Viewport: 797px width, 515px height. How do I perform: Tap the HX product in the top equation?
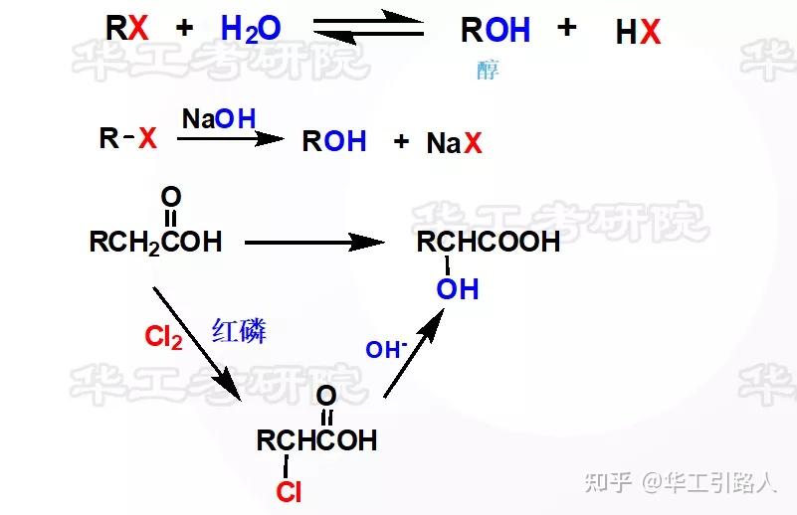[x=638, y=33]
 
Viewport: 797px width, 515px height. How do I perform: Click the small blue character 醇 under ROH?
[x=488, y=71]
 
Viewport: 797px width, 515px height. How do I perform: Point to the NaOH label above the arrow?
[x=218, y=119]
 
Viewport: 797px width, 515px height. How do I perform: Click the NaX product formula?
[x=454, y=143]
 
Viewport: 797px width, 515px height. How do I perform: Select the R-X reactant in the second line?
[x=128, y=138]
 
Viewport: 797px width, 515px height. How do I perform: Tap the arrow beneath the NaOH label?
[x=230, y=139]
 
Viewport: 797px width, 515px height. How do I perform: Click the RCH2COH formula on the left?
[x=155, y=242]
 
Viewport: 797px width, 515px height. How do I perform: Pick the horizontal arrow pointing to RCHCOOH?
[x=314, y=242]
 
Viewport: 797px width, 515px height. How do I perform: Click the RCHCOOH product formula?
[x=488, y=242]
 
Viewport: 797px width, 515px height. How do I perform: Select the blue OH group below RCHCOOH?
[x=458, y=289]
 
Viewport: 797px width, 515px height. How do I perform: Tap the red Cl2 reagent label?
[x=163, y=338]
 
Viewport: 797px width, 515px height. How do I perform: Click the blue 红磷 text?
[x=239, y=331]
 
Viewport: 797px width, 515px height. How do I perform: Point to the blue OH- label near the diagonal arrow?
[x=386, y=350]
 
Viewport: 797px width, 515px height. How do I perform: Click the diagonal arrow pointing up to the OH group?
[x=412, y=353]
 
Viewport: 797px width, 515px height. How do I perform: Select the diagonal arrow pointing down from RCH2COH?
[x=197, y=338]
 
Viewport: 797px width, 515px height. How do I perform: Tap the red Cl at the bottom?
[x=289, y=491]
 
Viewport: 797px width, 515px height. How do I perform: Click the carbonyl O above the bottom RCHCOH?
[x=326, y=396]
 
